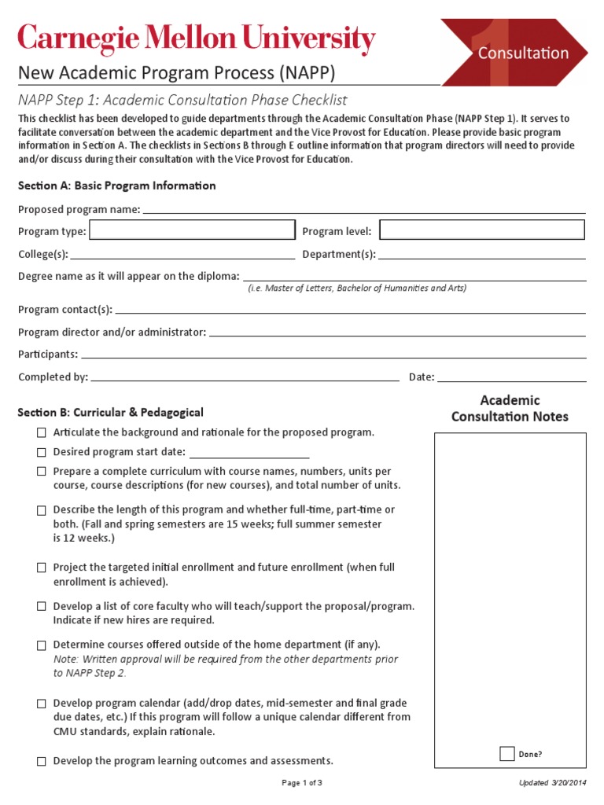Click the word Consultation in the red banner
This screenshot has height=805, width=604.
point(523,53)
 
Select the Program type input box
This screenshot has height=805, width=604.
point(193,230)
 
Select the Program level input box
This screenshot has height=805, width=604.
point(482,230)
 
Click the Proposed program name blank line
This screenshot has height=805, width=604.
point(363,210)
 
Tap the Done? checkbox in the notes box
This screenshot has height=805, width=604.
point(507,754)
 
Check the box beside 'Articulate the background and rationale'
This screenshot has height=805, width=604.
point(41,433)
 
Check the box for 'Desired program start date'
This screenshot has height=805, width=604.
point(41,452)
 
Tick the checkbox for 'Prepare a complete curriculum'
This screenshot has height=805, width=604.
point(41,472)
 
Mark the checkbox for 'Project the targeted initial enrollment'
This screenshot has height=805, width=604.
point(41,568)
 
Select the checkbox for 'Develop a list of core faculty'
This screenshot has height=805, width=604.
point(41,607)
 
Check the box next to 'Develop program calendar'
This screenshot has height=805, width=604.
point(41,704)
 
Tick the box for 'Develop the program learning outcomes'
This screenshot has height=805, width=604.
point(41,762)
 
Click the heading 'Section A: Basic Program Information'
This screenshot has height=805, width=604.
point(116,186)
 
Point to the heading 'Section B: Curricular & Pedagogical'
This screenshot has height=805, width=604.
point(111,412)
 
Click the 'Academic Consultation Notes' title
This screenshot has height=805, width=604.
point(510,409)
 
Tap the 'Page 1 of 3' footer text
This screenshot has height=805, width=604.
point(302,783)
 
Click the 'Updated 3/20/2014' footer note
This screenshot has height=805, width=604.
point(553,783)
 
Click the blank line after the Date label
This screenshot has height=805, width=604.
point(511,378)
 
